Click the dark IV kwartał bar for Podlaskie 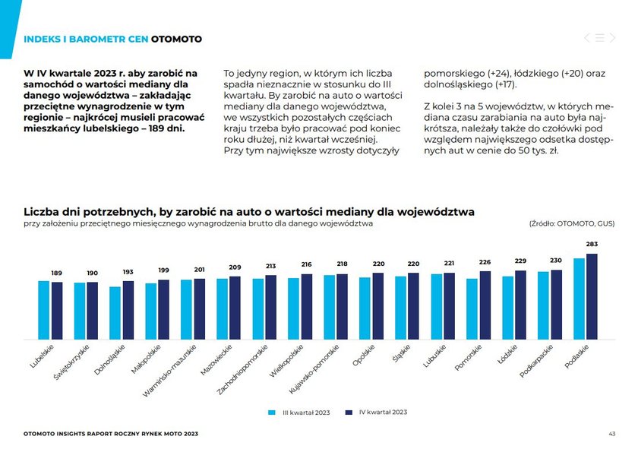click(592, 296)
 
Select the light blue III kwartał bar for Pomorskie click(472, 309)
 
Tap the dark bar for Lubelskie click(57, 311)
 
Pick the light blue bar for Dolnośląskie click(115, 313)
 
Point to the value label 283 click(592, 244)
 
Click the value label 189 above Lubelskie click(56, 273)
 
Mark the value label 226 click(485, 262)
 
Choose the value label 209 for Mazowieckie click(235, 267)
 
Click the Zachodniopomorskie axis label click(242, 370)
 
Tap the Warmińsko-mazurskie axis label click(169, 371)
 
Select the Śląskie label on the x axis click(401, 353)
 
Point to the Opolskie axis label click(363, 355)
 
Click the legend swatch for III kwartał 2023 click(271, 413)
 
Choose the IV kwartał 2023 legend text click(383, 412)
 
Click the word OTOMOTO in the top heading click(176, 39)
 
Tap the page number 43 click(611, 434)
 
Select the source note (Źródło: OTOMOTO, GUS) click(572, 223)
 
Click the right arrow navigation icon click(612, 38)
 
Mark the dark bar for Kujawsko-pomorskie click(343, 307)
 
